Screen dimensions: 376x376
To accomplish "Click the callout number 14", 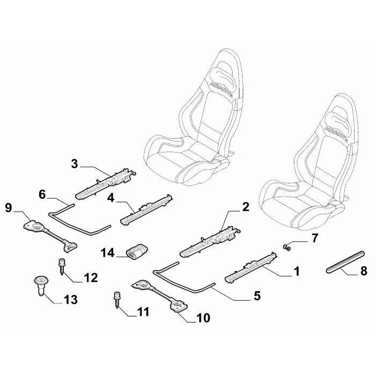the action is pyautogui.click(x=107, y=253).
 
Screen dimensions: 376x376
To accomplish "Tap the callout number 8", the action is pyautogui.click(x=364, y=271).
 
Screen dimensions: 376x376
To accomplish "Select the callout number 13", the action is pyautogui.click(x=70, y=300).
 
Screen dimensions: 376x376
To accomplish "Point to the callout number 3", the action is pyautogui.click(x=75, y=164).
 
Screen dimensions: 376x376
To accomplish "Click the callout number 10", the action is pyautogui.click(x=203, y=318).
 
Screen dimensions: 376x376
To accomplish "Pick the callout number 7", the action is pyautogui.click(x=314, y=237).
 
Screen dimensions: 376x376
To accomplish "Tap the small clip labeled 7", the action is pyautogui.click(x=286, y=247).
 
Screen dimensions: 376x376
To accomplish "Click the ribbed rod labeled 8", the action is pyautogui.click(x=345, y=262).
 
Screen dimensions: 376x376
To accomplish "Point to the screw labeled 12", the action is pyautogui.click(x=61, y=266).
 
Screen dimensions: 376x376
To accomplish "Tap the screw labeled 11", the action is pyautogui.click(x=117, y=300).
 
